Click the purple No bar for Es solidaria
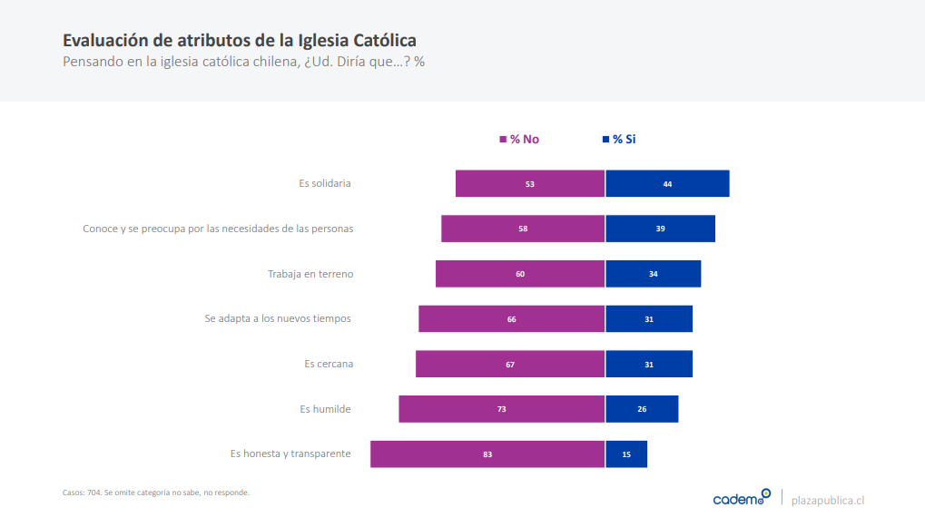tap(530, 183)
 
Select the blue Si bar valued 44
tap(667, 183)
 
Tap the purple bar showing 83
tap(487, 454)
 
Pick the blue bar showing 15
tap(626, 454)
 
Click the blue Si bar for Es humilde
tap(642, 409)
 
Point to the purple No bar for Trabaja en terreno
tap(520, 274)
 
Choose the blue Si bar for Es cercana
tap(649, 364)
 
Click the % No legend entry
tap(519, 140)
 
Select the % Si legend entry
tap(619, 140)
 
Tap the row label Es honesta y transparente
tap(290, 454)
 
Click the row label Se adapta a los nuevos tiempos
tap(277, 318)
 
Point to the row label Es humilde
tap(325, 409)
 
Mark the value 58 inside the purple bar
tap(523, 229)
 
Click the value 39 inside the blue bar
tap(660, 229)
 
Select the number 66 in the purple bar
tap(511, 319)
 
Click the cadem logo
tap(741, 498)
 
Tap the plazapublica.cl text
tap(828, 499)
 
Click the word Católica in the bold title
tap(383, 41)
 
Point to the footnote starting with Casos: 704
tap(155, 493)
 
